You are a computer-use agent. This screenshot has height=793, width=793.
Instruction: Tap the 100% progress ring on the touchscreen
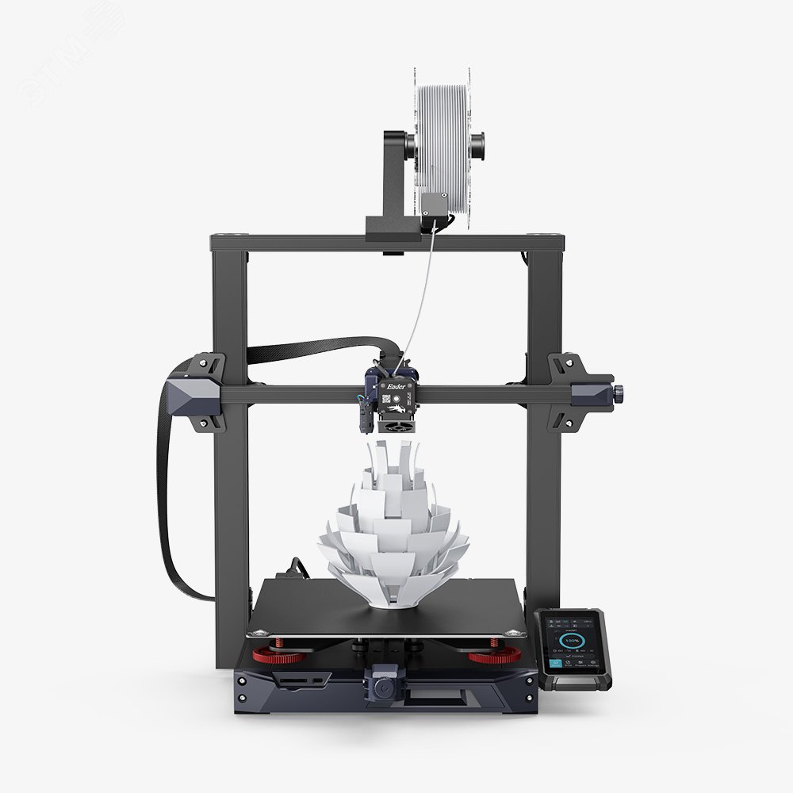(570, 640)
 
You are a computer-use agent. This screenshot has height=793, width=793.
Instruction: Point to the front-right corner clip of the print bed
(516, 633)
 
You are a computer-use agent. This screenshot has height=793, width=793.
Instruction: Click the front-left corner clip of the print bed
(255, 633)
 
